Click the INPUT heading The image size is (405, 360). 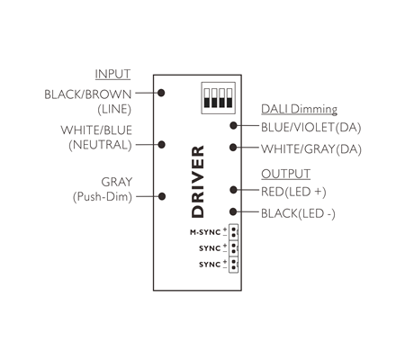point(112,74)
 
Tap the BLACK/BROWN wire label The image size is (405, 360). point(88,94)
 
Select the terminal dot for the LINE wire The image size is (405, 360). point(161,93)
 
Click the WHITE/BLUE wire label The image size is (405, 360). point(96,130)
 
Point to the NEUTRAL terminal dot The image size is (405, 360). point(161,145)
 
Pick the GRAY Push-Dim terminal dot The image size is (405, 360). point(162,196)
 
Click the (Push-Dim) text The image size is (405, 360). point(103,197)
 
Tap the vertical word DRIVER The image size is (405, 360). point(197,182)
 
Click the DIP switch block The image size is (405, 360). point(218,98)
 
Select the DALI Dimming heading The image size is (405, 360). point(299,109)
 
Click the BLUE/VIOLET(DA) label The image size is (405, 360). point(310,128)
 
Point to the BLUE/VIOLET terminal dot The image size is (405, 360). point(233,126)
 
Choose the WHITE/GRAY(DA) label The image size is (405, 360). point(311,149)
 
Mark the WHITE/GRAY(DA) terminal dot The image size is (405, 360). point(233,148)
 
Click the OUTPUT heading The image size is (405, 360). point(285,174)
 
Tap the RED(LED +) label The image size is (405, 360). point(293,192)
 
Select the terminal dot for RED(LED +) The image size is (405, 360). point(233,190)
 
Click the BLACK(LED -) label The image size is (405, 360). point(298,213)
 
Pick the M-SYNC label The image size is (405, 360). point(205,232)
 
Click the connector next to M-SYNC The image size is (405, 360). point(233,232)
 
